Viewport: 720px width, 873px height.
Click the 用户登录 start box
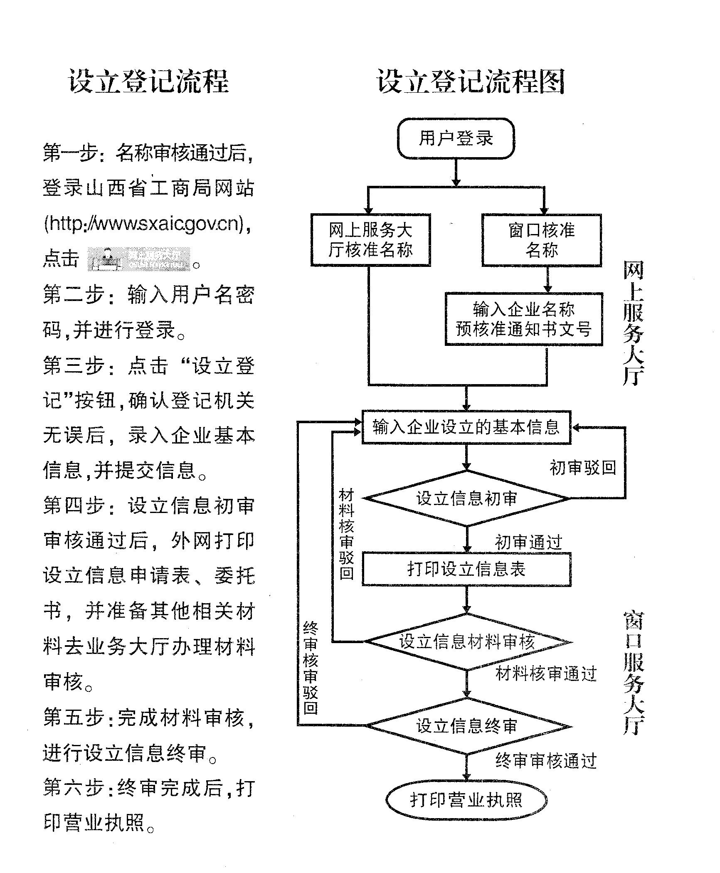point(456,138)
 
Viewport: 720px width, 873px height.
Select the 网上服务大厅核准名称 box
point(370,240)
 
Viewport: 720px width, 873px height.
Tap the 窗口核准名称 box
point(541,240)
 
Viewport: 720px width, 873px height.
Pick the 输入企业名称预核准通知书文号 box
point(523,319)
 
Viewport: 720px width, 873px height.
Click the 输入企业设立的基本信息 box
point(466,427)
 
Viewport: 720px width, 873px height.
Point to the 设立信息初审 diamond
point(466,498)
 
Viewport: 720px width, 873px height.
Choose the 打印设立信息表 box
point(466,569)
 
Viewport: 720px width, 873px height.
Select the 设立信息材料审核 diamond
point(467,642)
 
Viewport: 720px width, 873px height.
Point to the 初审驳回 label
point(583,468)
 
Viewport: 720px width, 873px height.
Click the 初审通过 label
point(528,542)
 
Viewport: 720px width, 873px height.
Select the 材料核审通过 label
point(546,674)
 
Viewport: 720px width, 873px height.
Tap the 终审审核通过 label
point(546,760)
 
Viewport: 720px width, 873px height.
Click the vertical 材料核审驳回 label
point(346,534)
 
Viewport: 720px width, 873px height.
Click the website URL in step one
point(147,224)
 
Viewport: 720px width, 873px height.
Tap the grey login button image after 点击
point(139,259)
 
